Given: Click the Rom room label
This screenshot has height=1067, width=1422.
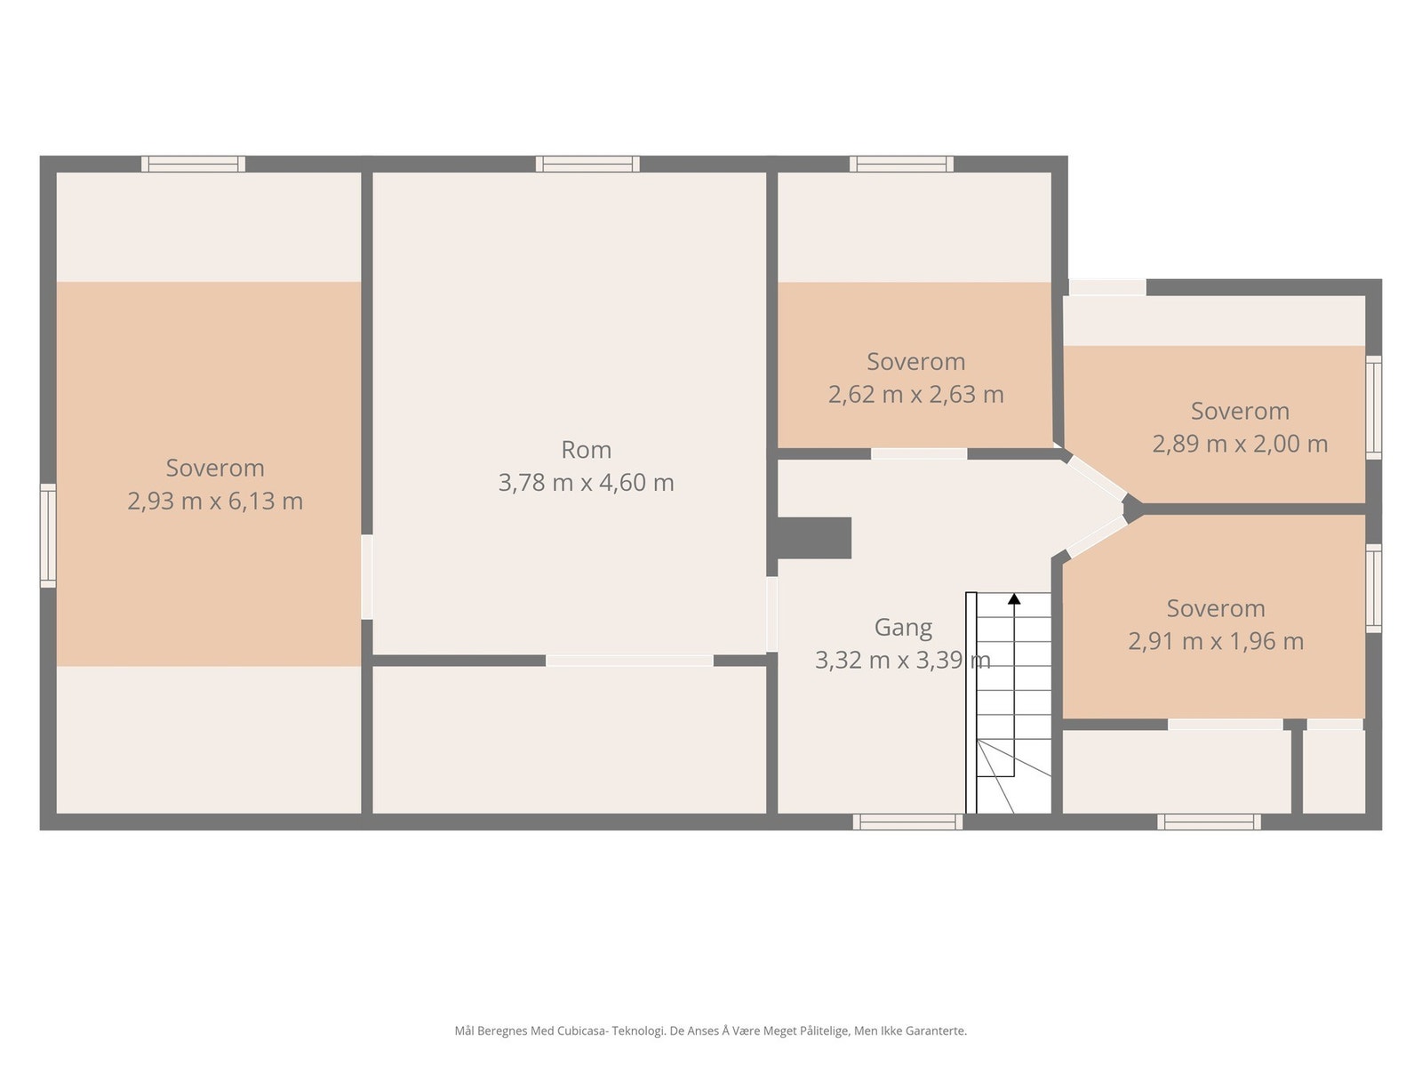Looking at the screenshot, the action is coord(586,450).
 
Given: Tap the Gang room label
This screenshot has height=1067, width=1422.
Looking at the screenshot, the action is coord(903,627).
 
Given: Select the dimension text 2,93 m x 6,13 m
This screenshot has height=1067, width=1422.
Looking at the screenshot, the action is coord(215,501).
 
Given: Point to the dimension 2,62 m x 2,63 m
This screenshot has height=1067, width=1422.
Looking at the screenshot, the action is coord(916,394).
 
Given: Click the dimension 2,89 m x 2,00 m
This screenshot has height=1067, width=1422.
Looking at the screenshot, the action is coord(1240,444).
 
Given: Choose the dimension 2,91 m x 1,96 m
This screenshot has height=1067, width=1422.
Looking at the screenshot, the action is coord(1216,641).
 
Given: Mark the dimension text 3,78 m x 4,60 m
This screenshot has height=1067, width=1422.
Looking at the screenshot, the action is coord(586,483).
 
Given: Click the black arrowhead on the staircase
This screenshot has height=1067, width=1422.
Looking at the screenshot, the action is coord(1014,598).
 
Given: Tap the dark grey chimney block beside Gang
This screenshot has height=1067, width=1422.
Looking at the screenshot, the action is coord(814,538).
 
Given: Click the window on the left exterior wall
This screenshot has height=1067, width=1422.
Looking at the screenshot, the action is coord(49,536).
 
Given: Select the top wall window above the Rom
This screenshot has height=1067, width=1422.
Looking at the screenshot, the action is coord(587,164).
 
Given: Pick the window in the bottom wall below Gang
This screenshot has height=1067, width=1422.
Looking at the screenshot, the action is coord(907,822).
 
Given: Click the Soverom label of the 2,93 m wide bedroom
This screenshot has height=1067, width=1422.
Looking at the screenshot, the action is coord(215,468).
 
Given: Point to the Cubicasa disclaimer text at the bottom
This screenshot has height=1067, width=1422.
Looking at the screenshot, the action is coord(711,1031).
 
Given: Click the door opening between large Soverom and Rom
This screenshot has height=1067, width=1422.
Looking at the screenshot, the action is coord(367,576).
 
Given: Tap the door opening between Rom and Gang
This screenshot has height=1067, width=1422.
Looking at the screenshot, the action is coord(771,614).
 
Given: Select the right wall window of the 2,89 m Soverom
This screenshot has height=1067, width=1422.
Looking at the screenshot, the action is coord(1373,407).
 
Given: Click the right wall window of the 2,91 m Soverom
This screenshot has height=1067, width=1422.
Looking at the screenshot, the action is coord(1373,589).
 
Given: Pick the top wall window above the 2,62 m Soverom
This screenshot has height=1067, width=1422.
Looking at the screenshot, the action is coord(902,164).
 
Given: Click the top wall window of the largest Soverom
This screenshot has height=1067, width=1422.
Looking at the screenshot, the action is coord(194,164).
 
